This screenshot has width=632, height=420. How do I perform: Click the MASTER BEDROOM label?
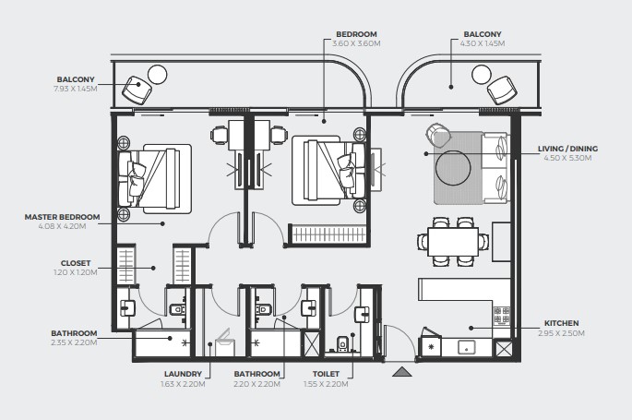pos(62,217)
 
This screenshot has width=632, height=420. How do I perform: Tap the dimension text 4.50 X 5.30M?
pos(568,158)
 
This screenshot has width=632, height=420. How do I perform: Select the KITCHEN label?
pos(562,323)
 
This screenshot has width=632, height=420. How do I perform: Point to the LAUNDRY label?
pos(183,374)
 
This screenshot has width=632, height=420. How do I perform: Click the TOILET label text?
pos(326,374)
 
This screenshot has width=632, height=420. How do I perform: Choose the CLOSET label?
pos(76,263)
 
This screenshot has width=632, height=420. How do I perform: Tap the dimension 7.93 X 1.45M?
pos(76,89)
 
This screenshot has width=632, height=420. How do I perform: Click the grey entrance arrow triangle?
pos(402,372)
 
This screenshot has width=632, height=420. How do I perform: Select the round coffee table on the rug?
pos(453,168)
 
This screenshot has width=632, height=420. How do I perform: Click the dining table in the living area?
pos(453,242)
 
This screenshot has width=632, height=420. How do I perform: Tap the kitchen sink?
pos(467,347)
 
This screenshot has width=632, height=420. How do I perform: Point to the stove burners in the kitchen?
pos(502,315)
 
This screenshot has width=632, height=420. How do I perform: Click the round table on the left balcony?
pos(157,75)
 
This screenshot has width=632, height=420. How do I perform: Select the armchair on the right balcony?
pos(502,90)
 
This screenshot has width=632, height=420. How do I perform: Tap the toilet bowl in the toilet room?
pos(342,343)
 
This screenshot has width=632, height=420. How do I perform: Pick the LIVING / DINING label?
pos(568,149)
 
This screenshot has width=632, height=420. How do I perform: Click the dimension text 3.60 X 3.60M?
pos(356,43)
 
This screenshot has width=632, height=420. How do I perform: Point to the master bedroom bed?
pos(154,178)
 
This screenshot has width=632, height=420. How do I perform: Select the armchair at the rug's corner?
pos(438,135)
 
